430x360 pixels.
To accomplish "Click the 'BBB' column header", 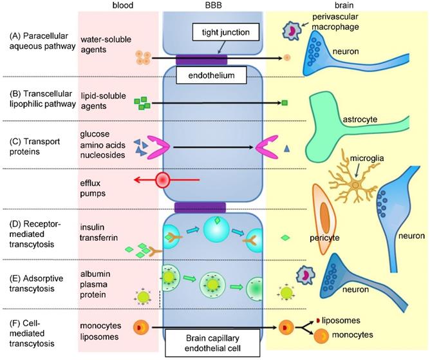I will point(212,6).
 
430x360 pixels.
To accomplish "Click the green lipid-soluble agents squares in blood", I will point(142,102).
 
